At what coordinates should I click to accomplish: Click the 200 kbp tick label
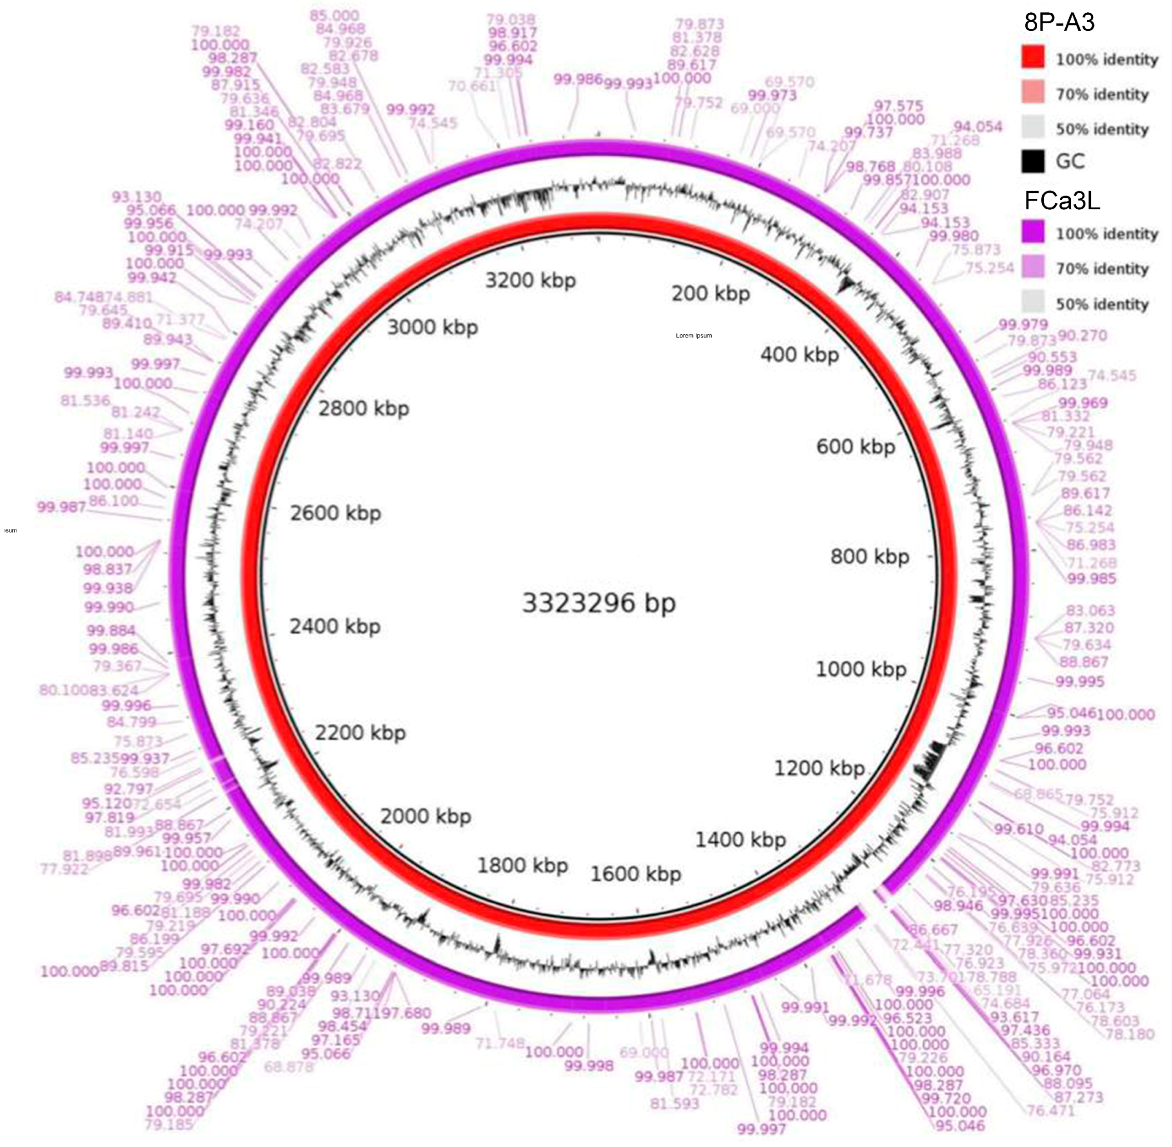[711, 294]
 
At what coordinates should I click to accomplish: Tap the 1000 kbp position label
[861, 669]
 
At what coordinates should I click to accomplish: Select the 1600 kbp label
[636, 874]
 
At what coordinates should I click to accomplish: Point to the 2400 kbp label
[335, 627]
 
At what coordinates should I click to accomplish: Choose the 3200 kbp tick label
[530, 280]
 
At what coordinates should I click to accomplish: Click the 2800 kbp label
[363, 409]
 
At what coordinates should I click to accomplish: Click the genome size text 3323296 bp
[598, 603]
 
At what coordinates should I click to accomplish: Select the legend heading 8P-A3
[1059, 22]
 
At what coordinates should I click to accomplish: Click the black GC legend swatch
[1033, 161]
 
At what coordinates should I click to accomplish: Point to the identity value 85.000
[334, 15]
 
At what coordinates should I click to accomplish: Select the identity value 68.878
[289, 1067]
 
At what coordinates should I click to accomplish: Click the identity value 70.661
[472, 86]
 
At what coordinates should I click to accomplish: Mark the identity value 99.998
[589, 1065]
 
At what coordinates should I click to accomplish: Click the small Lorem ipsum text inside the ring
[694, 336]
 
